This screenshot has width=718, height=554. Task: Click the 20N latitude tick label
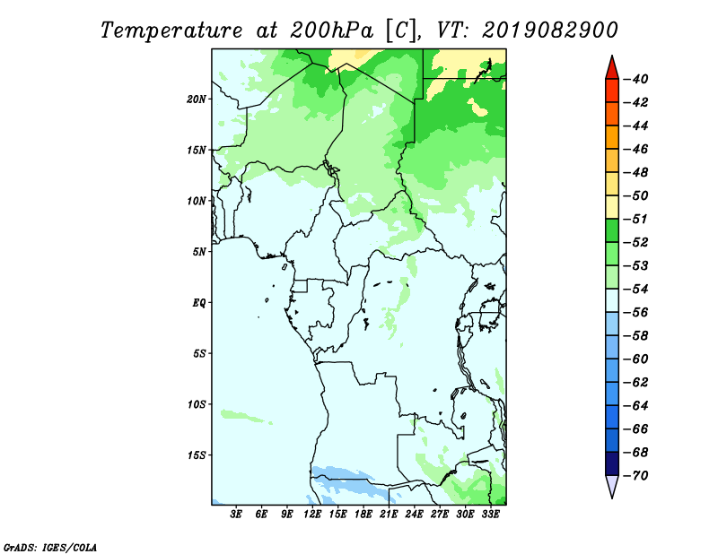(x=196, y=100)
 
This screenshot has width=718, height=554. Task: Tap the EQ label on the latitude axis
(x=198, y=303)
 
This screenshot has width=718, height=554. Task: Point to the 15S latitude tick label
(x=196, y=455)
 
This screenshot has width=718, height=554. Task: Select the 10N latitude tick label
(x=196, y=201)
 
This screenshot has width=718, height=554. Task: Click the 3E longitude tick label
(x=236, y=514)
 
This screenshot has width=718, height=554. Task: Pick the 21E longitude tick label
(x=389, y=514)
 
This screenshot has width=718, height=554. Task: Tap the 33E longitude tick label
(x=490, y=514)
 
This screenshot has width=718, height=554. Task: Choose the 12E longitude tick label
(x=311, y=514)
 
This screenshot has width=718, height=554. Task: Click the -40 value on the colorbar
(x=636, y=79)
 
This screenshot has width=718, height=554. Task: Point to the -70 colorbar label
(x=636, y=476)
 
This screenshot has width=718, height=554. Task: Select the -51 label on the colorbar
(x=636, y=219)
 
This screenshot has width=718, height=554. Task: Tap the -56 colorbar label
(x=636, y=313)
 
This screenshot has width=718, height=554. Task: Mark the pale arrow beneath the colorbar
(x=612, y=485)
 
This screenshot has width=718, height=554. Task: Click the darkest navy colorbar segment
(x=612, y=463)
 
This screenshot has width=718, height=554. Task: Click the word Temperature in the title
(x=171, y=30)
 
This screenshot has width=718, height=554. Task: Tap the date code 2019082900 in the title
(x=550, y=30)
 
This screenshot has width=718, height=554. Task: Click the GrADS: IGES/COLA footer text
(x=50, y=547)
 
